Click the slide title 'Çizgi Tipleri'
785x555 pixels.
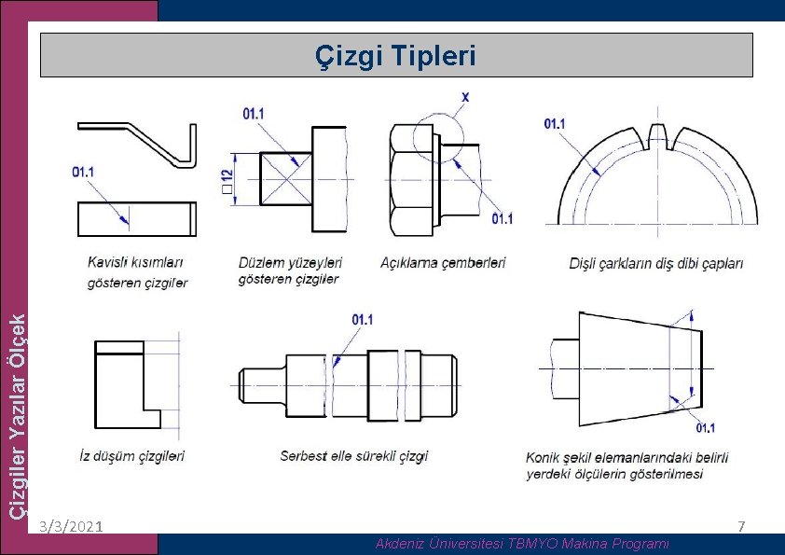[396, 57]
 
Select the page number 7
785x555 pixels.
[741, 527]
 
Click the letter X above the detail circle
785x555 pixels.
[465, 97]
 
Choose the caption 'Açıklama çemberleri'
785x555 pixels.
[443, 263]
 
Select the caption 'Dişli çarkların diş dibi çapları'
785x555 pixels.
[656, 264]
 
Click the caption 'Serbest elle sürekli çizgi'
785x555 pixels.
[354, 456]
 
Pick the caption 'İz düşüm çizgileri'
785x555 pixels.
[131, 456]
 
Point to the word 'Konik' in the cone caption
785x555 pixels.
[544, 458]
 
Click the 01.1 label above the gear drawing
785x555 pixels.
[555, 123]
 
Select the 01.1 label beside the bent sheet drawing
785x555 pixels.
[83, 172]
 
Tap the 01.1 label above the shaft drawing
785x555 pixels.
[363, 320]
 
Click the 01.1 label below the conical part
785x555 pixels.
[706, 428]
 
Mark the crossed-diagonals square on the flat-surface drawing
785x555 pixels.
[286, 177]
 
